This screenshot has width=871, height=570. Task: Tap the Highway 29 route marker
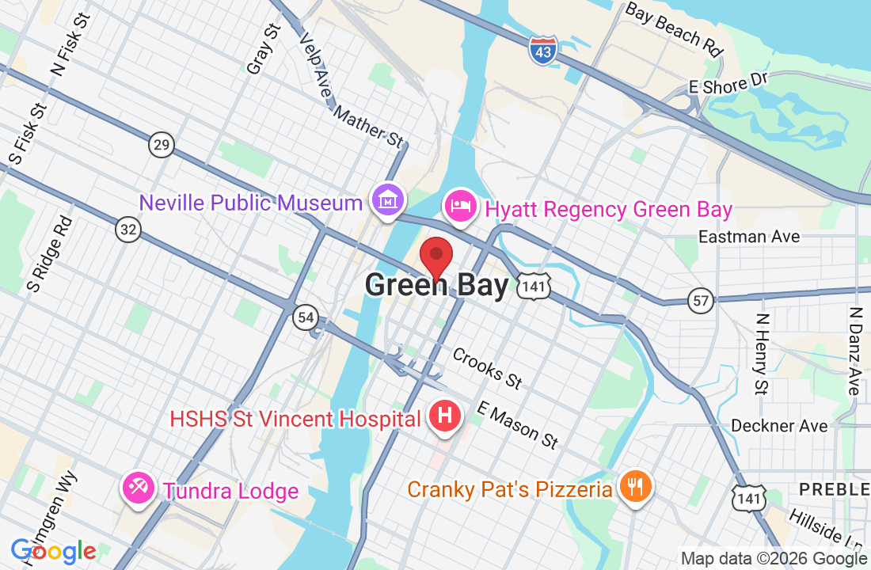click(x=161, y=144)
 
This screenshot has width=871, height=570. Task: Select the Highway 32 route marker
click(x=127, y=229)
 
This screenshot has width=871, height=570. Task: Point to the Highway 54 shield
click(x=305, y=317)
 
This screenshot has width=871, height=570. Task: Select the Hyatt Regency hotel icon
click(x=460, y=207)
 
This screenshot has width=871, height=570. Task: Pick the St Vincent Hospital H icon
click(x=445, y=415)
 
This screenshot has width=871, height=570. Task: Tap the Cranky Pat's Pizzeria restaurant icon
click(x=635, y=484)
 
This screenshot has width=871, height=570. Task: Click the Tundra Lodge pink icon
click(x=138, y=488)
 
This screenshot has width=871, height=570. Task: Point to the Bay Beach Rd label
click(x=674, y=29)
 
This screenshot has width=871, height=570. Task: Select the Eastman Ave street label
click(x=749, y=237)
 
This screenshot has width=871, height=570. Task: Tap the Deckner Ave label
click(x=779, y=426)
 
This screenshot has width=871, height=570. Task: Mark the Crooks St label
click(x=487, y=368)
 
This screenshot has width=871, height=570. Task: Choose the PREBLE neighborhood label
click(x=834, y=489)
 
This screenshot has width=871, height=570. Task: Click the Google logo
click(x=53, y=551)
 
